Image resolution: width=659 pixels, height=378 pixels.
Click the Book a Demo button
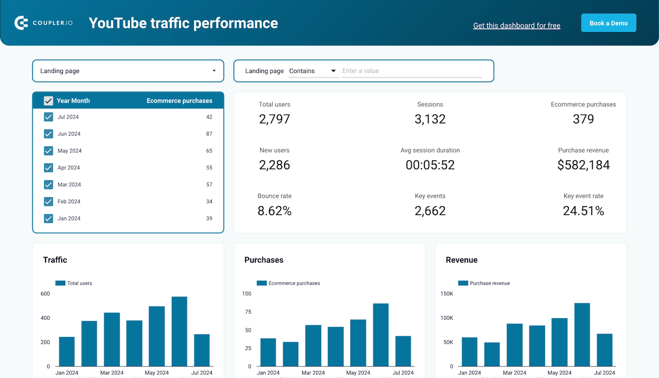(608, 23)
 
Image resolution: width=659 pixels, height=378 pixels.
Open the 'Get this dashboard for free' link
(516, 25)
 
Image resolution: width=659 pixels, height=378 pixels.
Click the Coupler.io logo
(44, 23)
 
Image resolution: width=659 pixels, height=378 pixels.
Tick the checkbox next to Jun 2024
(49, 134)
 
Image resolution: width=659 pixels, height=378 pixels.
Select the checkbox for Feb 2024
(49, 202)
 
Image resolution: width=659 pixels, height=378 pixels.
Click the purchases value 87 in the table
(209, 134)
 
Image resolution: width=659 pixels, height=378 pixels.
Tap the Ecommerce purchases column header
(179, 101)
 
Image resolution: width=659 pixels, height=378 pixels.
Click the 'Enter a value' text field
(411, 71)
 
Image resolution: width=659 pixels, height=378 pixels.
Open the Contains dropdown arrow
(333, 71)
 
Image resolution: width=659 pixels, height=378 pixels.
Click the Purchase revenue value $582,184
(583, 165)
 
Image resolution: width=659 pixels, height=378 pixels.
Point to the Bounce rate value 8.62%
(275, 211)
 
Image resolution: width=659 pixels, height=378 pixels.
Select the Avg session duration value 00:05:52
(430, 165)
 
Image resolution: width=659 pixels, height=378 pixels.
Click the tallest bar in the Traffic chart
(179, 331)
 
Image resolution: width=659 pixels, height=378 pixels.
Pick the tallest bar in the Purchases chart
(380, 334)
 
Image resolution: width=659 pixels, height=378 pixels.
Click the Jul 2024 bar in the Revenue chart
(604, 350)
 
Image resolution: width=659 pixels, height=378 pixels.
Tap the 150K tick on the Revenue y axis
(446, 293)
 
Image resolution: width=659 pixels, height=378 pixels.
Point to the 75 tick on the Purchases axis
(248, 312)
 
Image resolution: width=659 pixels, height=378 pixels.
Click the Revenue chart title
(461, 260)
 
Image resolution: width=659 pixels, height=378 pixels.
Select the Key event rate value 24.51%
(583, 211)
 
